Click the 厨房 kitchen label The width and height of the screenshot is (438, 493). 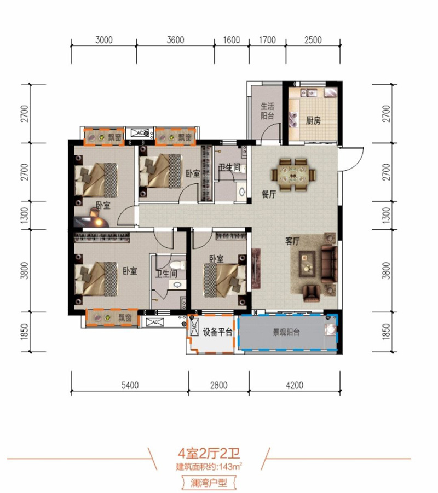313,120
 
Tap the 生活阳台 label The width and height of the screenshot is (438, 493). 267,111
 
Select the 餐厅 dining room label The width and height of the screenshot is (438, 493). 269,194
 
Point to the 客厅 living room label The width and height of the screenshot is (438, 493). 292,241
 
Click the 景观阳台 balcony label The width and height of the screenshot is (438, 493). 286,332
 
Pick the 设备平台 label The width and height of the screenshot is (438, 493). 217,332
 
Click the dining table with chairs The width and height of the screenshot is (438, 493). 293,175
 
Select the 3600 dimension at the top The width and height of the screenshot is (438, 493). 175,40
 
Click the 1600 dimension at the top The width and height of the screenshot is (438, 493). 231,40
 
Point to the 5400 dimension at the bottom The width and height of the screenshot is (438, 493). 130,385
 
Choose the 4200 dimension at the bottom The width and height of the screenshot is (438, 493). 295,385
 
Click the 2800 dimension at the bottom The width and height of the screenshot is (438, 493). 218,385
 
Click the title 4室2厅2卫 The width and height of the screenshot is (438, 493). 209,454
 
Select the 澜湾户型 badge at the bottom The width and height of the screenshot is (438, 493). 209,483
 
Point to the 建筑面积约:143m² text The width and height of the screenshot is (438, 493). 209,467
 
